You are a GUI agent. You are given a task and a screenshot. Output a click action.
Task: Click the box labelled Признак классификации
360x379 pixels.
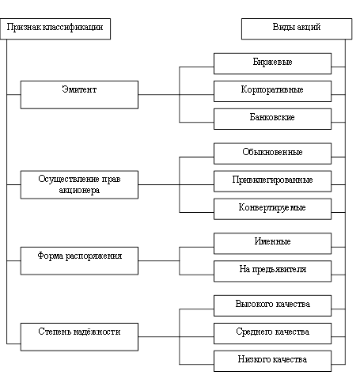tap(55, 28)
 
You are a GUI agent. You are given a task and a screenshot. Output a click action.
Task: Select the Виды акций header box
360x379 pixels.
tap(297, 28)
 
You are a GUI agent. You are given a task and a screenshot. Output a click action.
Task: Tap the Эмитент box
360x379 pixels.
tap(79, 95)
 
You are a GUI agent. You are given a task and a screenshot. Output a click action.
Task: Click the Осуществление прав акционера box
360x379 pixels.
tap(79, 184)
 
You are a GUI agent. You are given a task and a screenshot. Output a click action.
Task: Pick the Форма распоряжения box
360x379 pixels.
tap(79, 261)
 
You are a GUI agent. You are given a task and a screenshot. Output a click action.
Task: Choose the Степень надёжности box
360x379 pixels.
tap(79, 337)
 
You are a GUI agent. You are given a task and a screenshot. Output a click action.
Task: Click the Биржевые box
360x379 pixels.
tap(272, 63)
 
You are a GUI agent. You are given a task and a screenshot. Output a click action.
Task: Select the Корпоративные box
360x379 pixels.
tap(272, 91)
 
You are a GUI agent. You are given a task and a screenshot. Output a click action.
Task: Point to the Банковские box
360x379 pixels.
tap(272, 119)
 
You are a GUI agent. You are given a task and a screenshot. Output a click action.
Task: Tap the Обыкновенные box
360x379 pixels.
tap(272, 153)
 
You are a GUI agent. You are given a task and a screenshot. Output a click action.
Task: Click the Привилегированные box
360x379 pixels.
tap(272, 181)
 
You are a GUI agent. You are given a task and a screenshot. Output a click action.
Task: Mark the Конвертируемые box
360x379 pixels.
tap(272, 209)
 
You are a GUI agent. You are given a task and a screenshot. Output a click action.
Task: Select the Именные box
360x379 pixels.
tap(272, 244)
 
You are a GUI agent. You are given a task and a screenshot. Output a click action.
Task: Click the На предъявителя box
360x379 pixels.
tap(272, 271)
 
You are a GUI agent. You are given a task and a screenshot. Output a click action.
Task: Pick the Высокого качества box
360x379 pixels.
tap(272, 305)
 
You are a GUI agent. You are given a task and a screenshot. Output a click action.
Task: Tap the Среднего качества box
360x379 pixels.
tap(272, 333)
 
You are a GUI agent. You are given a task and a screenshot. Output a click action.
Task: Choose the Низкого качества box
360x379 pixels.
tap(272, 361)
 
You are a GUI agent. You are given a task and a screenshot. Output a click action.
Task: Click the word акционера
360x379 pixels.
tap(79, 190)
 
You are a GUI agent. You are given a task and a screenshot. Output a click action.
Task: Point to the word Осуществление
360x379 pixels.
tap(69, 179)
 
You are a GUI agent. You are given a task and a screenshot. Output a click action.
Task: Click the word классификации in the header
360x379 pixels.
tap(73, 27)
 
